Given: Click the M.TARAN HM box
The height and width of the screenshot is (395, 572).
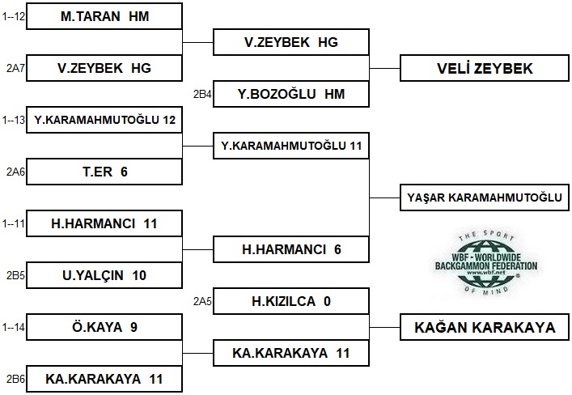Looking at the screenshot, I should pos(104,16).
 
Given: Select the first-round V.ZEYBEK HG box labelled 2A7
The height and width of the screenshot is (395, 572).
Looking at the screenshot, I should pos(104,68).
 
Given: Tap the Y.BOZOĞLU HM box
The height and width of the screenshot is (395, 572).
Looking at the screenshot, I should pos(291,94).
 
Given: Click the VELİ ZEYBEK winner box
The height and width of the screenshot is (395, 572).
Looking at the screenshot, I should pos(479,69).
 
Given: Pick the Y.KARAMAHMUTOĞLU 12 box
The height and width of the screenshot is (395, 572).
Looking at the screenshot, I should pos(104,121).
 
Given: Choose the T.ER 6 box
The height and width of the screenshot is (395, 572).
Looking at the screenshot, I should pos(104,172).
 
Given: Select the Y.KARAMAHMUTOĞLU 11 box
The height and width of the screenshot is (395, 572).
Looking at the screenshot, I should pos(291,147).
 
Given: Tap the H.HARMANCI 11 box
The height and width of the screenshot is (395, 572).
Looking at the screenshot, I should pos(104,223).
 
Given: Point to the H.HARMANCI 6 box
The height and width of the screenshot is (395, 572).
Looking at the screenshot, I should pos(291,249).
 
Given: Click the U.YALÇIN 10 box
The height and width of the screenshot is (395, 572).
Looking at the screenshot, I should pos(104,275).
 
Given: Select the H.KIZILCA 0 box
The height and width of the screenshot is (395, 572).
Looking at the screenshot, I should pos(291,301).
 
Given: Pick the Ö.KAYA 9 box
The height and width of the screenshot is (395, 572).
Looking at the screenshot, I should pos(104,327).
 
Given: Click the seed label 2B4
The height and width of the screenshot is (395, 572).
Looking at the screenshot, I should pos(201,95).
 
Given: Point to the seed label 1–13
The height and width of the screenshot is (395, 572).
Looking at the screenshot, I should pos(14,121).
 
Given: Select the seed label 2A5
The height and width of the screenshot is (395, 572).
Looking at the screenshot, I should pos(201,302).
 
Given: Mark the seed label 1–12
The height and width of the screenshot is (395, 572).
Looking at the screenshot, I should pos(14,16).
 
